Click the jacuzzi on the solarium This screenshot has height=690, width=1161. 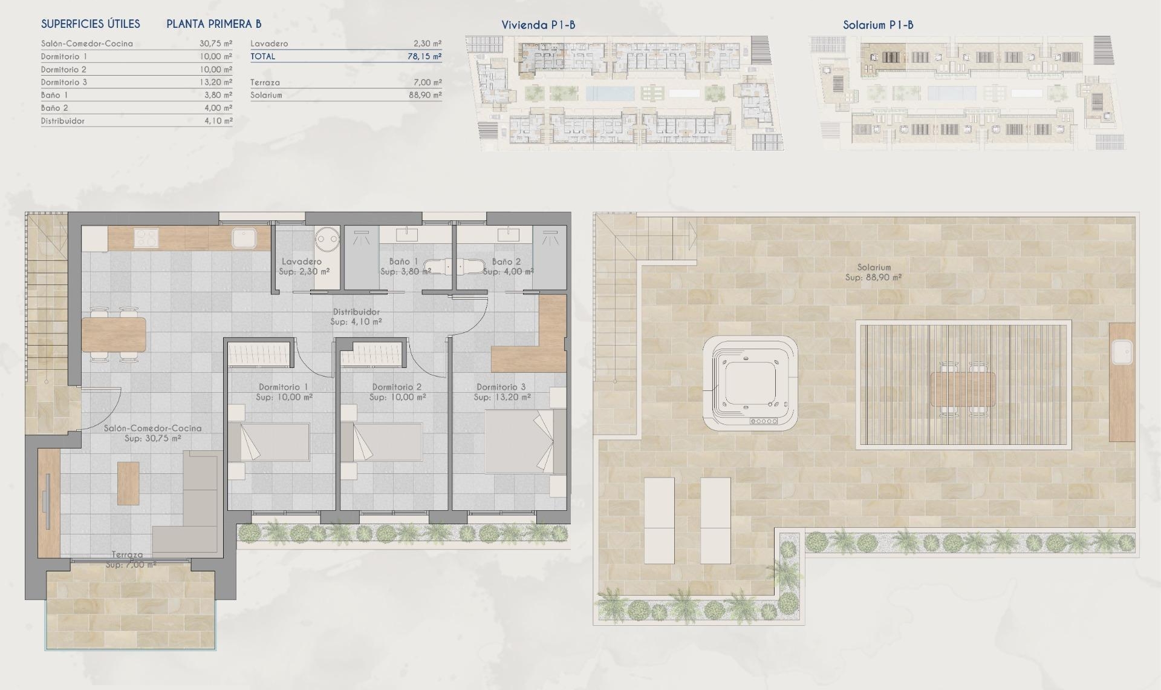coord(750,383)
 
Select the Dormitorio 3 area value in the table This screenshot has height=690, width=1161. coord(216,82)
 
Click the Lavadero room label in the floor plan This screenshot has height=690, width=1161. coord(302,261)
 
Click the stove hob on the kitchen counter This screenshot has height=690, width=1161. coord(146,238)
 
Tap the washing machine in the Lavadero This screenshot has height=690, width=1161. coord(327,238)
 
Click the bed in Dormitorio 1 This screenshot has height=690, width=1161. coord(270,441)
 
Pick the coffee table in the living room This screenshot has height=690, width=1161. coord(128,483)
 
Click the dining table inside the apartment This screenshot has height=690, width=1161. coord(114,334)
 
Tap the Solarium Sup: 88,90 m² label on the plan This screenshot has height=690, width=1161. coord(873,272)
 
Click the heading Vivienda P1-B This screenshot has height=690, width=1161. coord(538,25)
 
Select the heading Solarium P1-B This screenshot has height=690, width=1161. coord(878,25)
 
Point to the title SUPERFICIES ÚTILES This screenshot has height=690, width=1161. coord(91,24)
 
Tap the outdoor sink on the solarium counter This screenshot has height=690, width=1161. coord(1123,352)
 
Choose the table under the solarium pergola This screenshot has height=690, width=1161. coord(963,389)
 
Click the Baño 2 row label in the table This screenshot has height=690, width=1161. coord(54,108)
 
